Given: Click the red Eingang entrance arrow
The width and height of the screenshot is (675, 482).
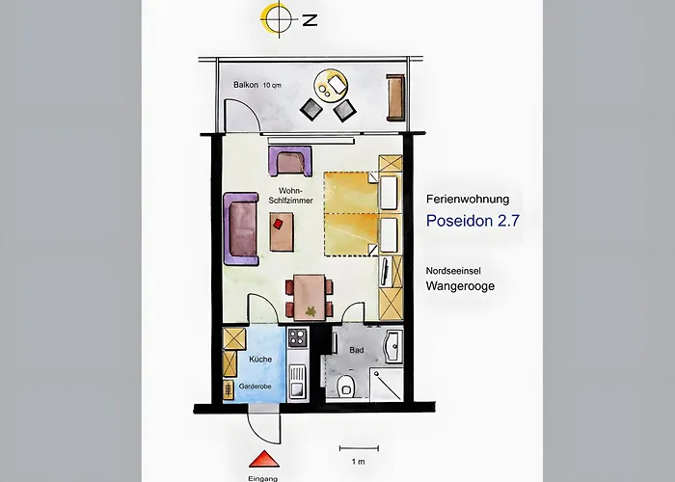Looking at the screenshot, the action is pyautogui.click(x=264, y=459).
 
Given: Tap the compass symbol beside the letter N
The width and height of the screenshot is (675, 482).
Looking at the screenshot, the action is pyautogui.click(x=279, y=19).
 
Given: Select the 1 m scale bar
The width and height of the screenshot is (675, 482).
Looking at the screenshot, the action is pyautogui.click(x=359, y=448).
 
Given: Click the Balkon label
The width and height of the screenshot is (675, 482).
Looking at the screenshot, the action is pyautogui.click(x=246, y=85).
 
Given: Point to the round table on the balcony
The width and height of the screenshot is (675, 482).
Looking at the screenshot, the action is pyautogui.click(x=330, y=85).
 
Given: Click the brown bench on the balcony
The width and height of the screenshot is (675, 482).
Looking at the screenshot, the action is pyautogui.click(x=395, y=97).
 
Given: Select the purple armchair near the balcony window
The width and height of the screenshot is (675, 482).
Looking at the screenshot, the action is pyautogui.click(x=290, y=161).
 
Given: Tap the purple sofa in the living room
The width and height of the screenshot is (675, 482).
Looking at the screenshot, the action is pyautogui.click(x=241, y=228).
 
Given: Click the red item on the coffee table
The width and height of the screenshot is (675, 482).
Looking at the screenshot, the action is pyautogui.click(x=278, y=224).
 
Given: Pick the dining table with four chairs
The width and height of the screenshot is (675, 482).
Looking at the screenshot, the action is pyautogui.click(x=310, y=297).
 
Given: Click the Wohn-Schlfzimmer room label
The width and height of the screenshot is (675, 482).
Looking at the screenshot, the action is pyautogui.click(x=290, y=196).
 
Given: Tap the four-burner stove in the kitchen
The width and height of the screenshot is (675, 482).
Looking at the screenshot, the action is pyautogui.click(x=297, y=337).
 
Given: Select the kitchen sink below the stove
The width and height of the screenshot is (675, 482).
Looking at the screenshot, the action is pyautogui.click(x=297, y=382).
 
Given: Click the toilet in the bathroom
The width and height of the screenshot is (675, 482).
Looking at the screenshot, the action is pyautogui.click(x=345, y=386).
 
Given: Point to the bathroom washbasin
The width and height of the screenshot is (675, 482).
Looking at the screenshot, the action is pyautogui.click(x=393, y=346).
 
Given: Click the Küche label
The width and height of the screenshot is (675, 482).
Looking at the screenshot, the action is pyautogui.click(x=260, y=359).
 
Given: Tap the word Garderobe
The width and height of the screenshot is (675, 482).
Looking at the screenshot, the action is pyautogui.click(x=256, y=387).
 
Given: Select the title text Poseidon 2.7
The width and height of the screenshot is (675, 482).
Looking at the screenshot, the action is pyautogui.click(x=472, y=221).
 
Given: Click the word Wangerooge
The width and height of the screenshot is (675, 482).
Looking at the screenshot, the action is pyautogui.click(x=460, y=286).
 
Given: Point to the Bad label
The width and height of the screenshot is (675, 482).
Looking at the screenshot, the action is pyautogui.click(x=357, y=350).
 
